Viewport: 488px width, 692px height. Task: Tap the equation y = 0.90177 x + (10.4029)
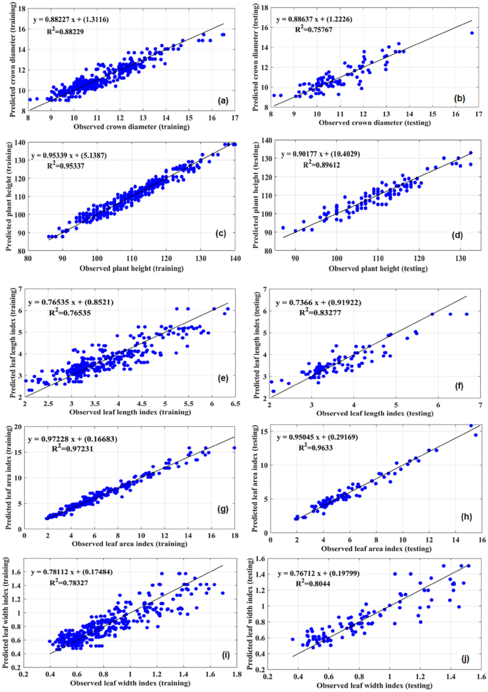[x=330, y=153]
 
